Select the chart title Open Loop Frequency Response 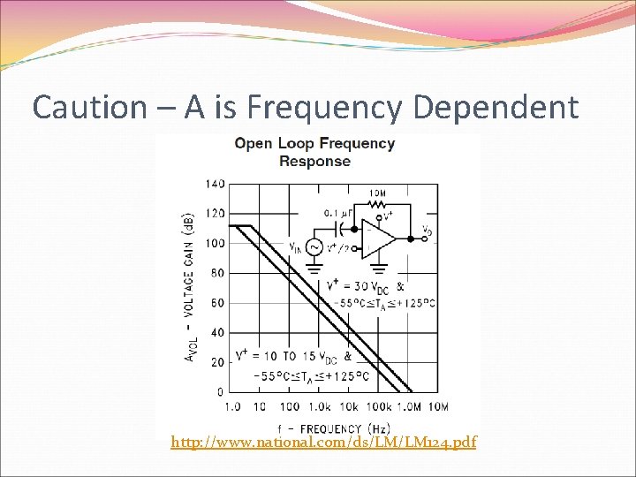(x=314, y=151)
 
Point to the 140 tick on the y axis (x=215, y=184)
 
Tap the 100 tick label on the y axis (x=215, y=243)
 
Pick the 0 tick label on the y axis (x=221, y=392)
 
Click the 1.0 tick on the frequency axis (x=231, y=406)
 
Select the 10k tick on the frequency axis (x=349, y=406)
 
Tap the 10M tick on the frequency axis (x=438, y=406)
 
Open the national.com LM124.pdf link (x=323, y=441)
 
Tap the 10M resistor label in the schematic (x=377, y=193)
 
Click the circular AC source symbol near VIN (x=314, y=248)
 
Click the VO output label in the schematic (x=428, y=231)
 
